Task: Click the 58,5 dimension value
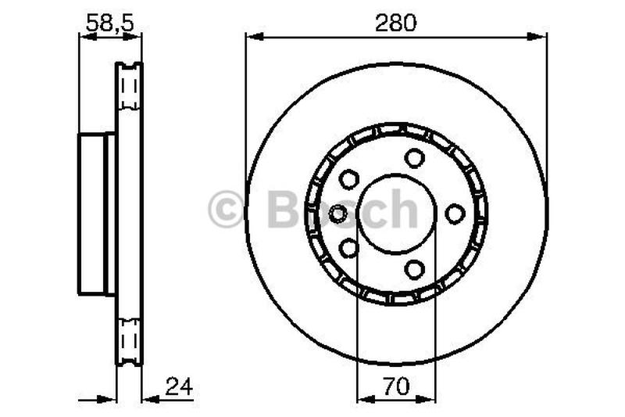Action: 109,23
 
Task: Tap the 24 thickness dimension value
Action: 178,386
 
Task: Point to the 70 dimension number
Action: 395,386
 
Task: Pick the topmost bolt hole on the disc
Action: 414,157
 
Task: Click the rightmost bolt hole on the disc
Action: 455,213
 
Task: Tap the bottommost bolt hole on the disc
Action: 414,268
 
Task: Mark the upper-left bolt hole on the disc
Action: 348,178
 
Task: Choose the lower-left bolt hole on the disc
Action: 348,248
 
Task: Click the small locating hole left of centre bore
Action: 339,213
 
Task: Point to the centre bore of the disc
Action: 396,213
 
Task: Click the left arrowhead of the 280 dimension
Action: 252,36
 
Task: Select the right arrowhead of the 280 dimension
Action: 541,36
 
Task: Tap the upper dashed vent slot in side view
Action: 129,86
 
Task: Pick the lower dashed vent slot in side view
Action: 129,340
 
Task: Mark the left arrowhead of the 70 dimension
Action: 362,399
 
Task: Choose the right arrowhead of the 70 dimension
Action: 430,399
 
